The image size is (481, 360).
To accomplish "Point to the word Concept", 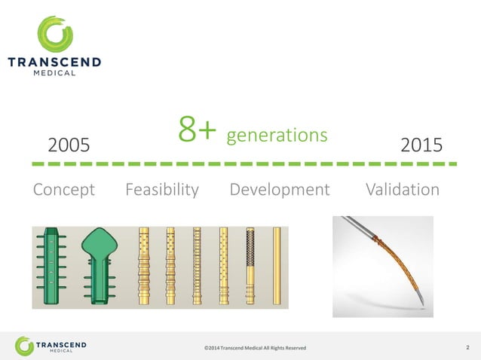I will click(x=64, y=190).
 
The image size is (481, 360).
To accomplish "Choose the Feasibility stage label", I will click(x=162, y=190).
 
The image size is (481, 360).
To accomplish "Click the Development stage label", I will click(x=279, y=190).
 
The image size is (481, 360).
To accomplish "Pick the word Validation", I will click(x=402, y=190).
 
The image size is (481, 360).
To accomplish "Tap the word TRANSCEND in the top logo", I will click(x=54, y=63).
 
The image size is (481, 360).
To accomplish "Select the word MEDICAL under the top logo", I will click(x=54, y=75).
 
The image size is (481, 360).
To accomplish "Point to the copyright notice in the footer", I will click(x=256, y=347).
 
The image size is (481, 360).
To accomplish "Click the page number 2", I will click(x=467, y=346).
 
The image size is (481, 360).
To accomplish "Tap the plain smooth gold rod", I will click(x=277, y=265).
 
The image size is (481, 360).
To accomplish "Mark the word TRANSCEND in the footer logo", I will click(x=62, y=343).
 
